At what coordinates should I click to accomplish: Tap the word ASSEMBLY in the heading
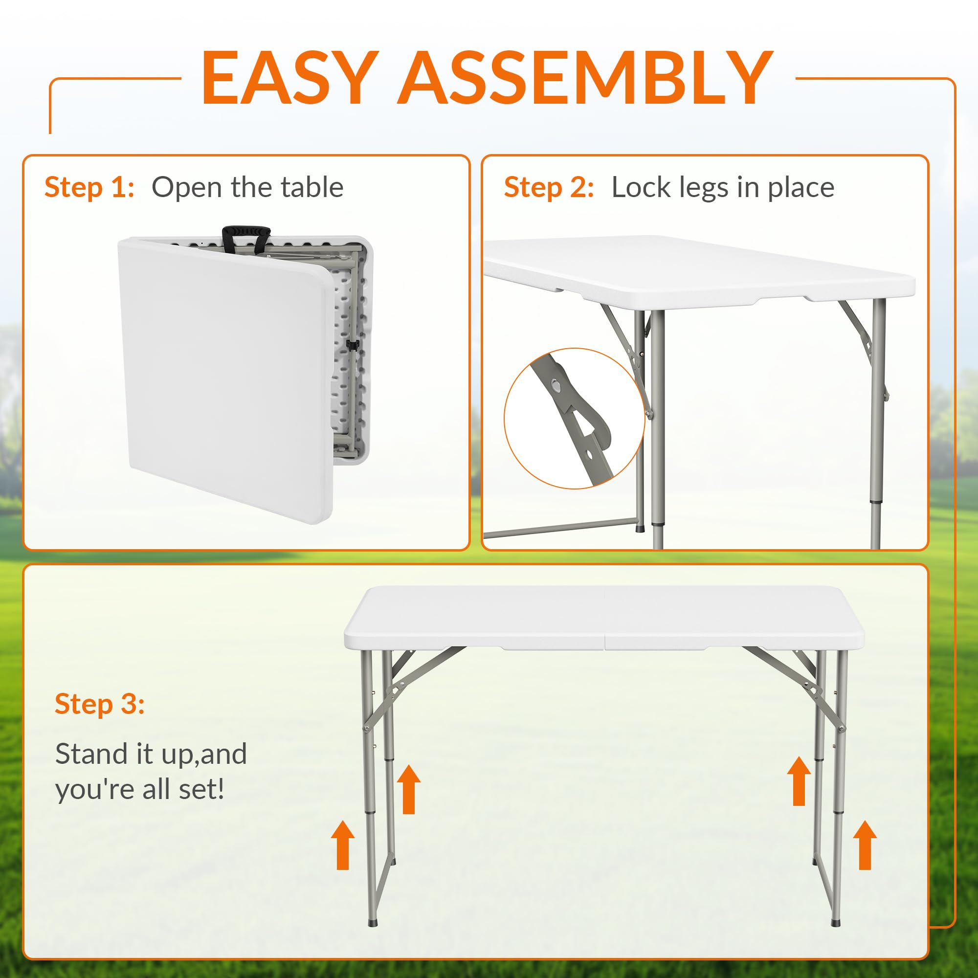(x=585, y=78)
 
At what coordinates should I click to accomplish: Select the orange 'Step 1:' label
(x=89, y=187)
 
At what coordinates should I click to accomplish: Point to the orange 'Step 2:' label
(x=549, y=187)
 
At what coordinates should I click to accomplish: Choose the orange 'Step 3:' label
(x=100, y=704)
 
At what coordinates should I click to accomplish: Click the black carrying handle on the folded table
(x=246, y=237)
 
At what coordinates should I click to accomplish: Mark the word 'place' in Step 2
(x=801, y=189)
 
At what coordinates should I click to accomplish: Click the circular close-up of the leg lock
(x=574, y=419)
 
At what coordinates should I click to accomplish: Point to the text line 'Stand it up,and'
(x=151, y=754)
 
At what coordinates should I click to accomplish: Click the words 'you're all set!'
(x=140, y=790)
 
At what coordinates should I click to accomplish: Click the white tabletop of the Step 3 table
(x=604, y=618)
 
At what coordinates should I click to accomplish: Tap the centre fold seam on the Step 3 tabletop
(x=604, y=619)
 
